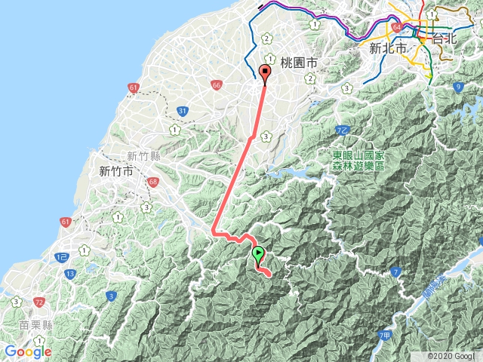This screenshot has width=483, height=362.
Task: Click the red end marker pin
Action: pos(264,72)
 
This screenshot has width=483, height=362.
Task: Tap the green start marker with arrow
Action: pos(258,253)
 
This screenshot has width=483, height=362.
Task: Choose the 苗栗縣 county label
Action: pos(35,325)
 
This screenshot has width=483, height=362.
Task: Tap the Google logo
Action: pos(28,351)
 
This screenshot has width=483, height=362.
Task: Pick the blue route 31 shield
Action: pos(183,112)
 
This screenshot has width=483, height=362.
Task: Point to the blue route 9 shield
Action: pos(457,88)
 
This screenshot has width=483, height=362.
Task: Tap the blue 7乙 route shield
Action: pos(341,131)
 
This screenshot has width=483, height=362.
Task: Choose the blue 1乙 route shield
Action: pos(62,258)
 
